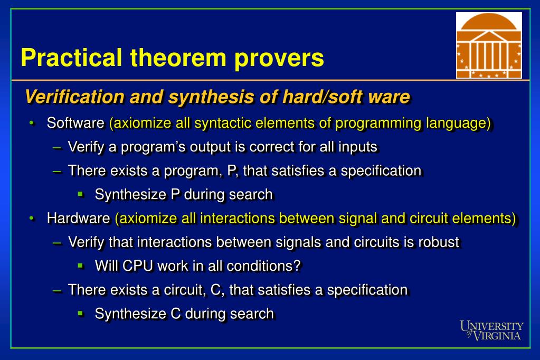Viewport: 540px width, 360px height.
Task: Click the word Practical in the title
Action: [x=72, y=58]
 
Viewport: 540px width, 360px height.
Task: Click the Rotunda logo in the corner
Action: [x=489, y=45]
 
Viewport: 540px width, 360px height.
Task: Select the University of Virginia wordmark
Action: [x=491, y=331]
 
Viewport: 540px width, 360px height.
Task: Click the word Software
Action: [x=75, y=123]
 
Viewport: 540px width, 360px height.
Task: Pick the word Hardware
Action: [x=79, y=219]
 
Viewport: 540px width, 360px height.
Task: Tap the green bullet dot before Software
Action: [x=32, y=123]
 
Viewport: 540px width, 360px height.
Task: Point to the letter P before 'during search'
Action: [x=175, y=194]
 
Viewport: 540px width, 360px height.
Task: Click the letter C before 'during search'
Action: [x=176, y=314]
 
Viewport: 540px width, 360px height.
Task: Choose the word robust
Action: [x=439, y=242]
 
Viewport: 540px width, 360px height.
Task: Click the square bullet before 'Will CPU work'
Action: [x=81, y=266]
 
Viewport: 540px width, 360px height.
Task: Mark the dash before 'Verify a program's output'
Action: [x=57, y=147]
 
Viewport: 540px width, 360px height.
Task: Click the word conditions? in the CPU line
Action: [x=263, y=266]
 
